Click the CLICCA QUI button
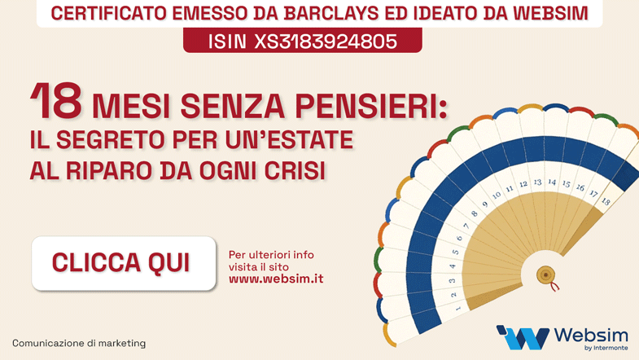coord(124,263)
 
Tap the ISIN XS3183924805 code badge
coord(302,41)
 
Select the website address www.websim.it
coord(276,279)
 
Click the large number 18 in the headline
coord(57,100)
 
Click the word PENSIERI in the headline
coord(371,106)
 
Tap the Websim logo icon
coord(523,337)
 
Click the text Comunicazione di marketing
coord(79,343)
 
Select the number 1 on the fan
coord(457,308)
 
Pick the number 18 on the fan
coord(606,200)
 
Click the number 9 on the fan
coord(485,204)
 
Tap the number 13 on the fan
coord(537,182)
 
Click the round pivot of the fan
coord(545,274)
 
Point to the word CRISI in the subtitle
coord(295,170)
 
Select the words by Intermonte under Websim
coord(606,348)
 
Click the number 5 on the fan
coord(456,252)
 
